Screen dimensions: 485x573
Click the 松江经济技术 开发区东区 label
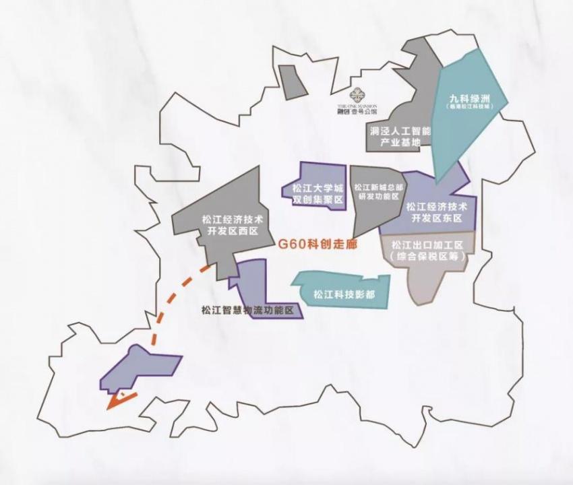tap(437, 211)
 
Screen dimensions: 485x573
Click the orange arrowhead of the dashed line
tap(115, 402)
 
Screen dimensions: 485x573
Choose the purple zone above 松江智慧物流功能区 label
tap(253, 283)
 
